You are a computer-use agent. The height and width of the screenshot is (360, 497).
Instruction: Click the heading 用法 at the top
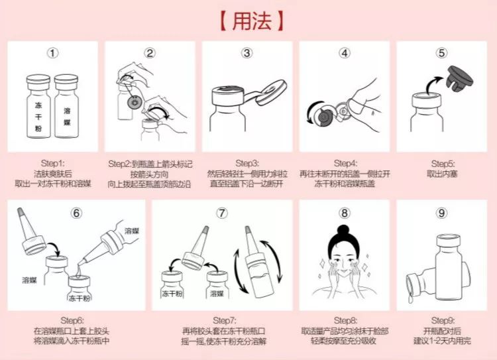coord(249,19)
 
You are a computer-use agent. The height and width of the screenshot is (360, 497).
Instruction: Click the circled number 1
coord(53,53)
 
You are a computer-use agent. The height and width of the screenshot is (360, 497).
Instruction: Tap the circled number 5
coord(442,53)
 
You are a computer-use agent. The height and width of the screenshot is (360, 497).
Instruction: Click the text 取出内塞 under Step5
coord(442,173)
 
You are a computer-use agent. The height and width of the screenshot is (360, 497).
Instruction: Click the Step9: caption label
coord(442,320)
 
